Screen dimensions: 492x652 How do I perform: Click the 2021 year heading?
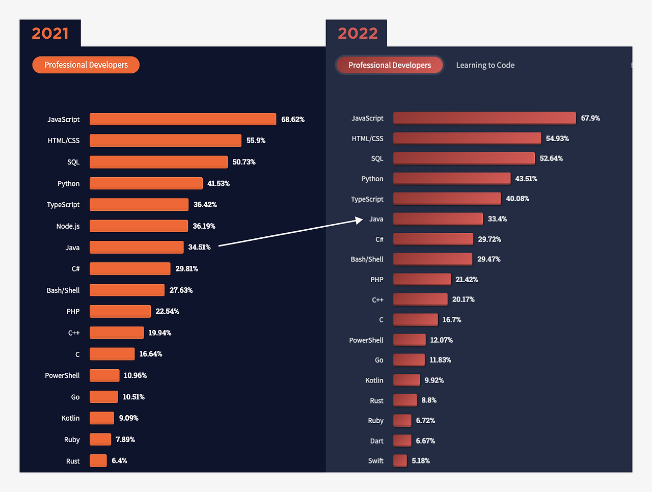point(50,34)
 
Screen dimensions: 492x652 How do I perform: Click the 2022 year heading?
point(358,34)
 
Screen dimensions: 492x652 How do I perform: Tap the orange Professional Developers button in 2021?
point(86,65)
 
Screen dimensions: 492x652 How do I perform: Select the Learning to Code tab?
point(485,65)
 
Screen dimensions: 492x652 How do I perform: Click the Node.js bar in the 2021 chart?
point(139,226)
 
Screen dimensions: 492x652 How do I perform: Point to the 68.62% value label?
point(293,120)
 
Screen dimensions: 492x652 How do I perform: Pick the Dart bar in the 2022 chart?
point(402,441)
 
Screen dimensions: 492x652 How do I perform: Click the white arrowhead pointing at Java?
point(359,220)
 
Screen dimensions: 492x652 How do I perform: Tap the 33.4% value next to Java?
point(497,219)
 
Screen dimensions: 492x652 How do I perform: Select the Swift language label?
point(375,461)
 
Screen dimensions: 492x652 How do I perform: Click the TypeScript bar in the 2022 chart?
point(447,199)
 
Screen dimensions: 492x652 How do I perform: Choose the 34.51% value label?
point(199,248)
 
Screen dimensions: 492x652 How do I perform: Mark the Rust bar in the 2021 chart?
point(98,461)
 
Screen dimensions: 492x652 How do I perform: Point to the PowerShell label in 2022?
point(366,340)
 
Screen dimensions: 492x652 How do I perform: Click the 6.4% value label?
point(119,461)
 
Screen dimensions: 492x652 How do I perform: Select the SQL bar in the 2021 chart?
point(158,162)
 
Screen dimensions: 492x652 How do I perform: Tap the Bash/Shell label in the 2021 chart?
point(63,290)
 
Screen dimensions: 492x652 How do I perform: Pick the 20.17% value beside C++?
point(463,299)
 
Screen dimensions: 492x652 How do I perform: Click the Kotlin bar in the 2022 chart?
point(406,380)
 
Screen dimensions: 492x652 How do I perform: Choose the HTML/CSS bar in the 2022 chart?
point(467,139)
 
